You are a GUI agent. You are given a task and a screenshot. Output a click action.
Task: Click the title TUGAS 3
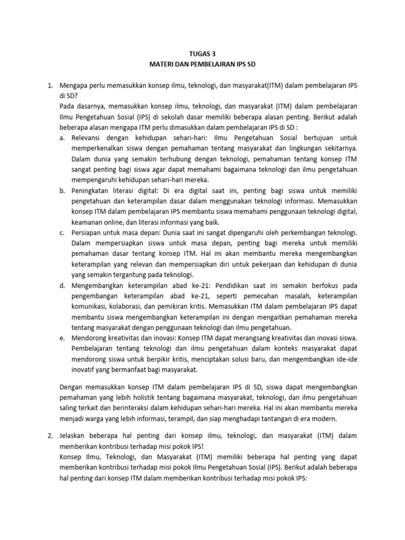(x=202, y=53)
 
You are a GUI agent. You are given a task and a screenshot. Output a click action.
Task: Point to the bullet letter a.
(x=62, y=138)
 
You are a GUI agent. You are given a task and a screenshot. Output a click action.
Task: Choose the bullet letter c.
(x=62, y=233)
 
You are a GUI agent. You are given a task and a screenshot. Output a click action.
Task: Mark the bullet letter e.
(x=62, y=337)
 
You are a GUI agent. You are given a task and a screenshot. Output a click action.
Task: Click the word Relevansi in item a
(x=87, y=138)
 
